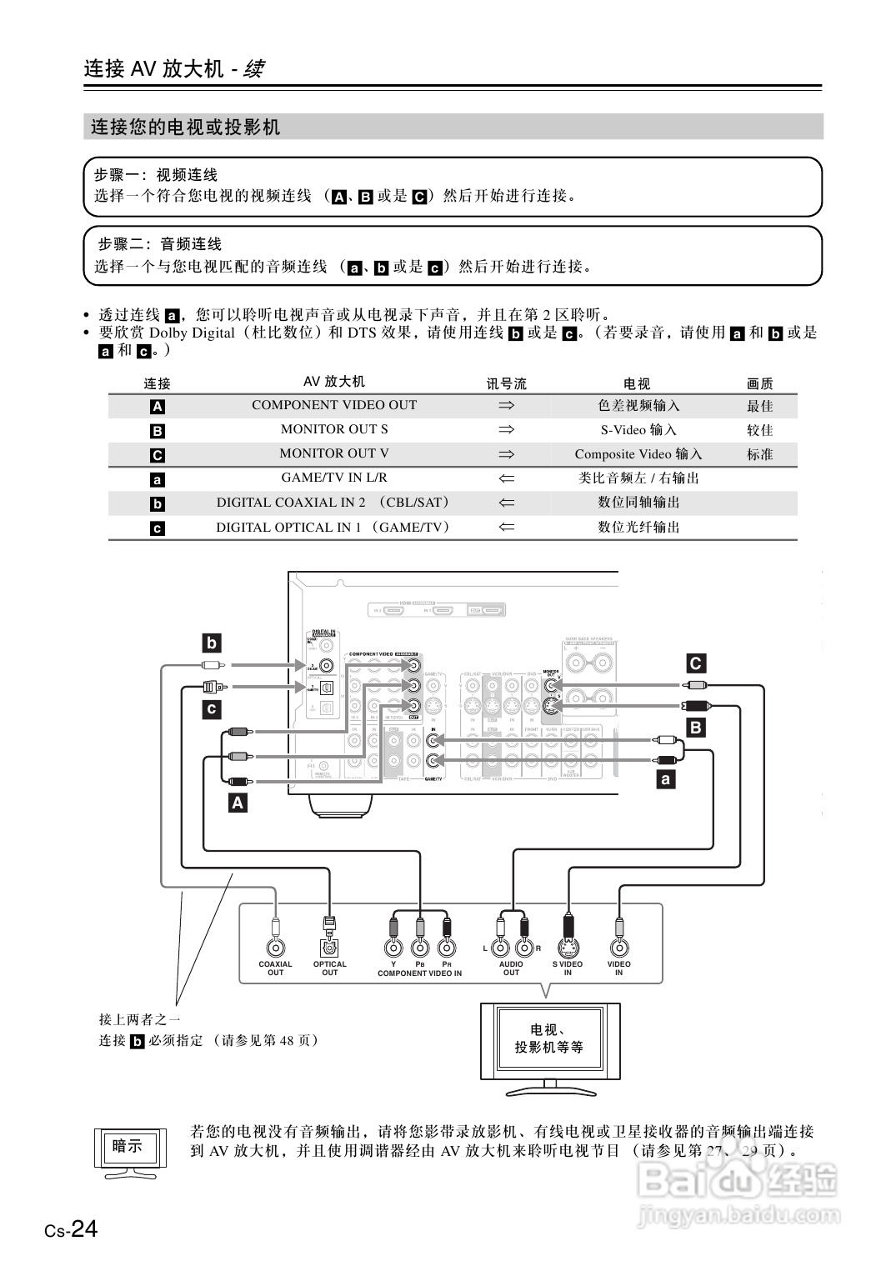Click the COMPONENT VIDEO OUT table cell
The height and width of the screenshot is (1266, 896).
tap(333, 405)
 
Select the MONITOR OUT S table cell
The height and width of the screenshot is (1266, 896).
tap(333, 429)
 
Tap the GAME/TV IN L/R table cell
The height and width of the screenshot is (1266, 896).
tap(333, 478)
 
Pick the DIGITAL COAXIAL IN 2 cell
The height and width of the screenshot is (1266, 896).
tap(333, 503)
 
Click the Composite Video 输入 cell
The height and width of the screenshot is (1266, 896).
tap(638, 454)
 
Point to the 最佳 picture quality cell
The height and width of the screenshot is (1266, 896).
tap(759, 406)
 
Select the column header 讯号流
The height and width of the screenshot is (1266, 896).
tap(506, 383)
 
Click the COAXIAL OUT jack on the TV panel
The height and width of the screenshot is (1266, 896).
tap(275, 948)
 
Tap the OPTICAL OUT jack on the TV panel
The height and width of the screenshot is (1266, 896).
tap(330, 948)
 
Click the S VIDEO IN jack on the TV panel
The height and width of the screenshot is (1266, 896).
tap(568, 948)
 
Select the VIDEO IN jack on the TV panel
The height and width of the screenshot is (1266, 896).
tap(618, 948)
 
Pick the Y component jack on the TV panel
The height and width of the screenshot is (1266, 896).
tap(393, 948)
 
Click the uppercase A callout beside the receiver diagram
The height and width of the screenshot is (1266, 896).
tap(238, 803)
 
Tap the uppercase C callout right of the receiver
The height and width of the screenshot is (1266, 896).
tap(695, 663)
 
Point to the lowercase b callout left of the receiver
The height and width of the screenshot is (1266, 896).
tap(212, 643)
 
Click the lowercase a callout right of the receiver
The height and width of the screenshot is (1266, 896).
tap(666, 779)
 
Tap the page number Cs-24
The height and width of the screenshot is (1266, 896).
tap(72, 1229)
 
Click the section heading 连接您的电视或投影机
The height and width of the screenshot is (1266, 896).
tap(186, 128)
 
